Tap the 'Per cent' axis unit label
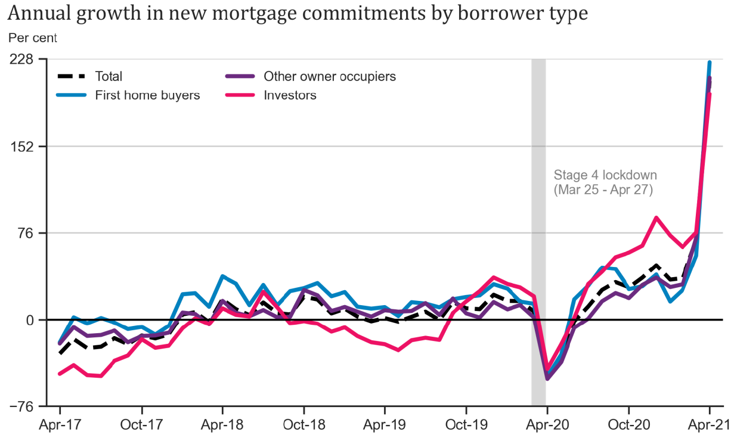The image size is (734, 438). point(33,38)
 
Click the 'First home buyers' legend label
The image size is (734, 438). point(147,95)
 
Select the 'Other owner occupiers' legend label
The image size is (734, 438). point(329,76)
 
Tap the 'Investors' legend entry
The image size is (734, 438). point(290,95)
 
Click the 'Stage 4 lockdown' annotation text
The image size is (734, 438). point(605,175)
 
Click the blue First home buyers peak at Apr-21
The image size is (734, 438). point(709,63)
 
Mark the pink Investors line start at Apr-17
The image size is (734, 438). point(60,374)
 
